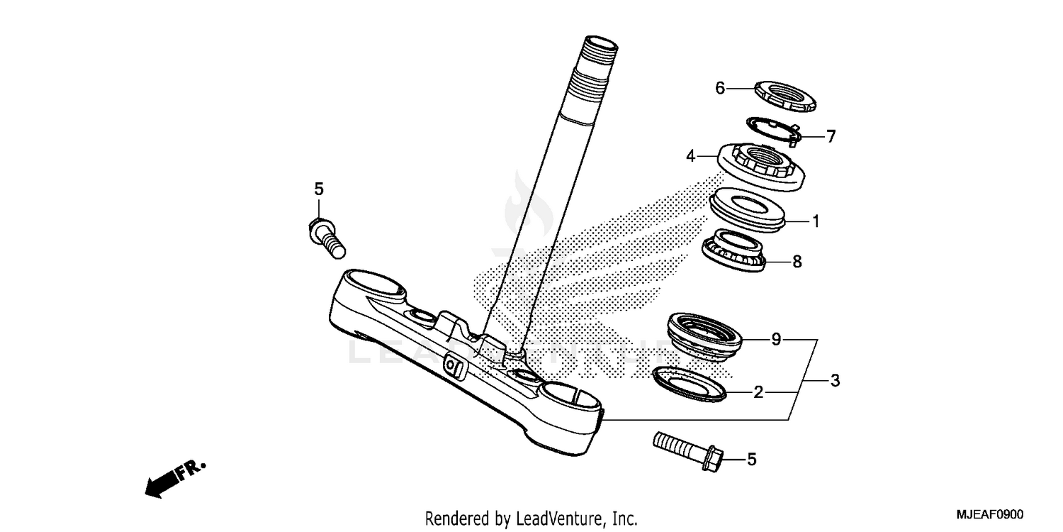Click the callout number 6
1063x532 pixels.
pos(720,88)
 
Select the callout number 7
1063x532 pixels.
pos(831,135)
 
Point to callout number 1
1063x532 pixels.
pos(816,221)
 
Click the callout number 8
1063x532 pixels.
pos(797,262)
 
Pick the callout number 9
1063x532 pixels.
pos(776,340)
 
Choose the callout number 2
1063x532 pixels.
pos(758,392)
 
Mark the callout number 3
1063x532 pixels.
pos(835,381)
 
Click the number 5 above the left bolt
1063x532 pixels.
pos(318,189)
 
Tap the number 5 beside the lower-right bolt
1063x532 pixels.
pos(751,460)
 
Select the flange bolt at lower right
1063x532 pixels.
pos(684,451)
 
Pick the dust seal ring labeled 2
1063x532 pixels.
pos(689,384)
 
